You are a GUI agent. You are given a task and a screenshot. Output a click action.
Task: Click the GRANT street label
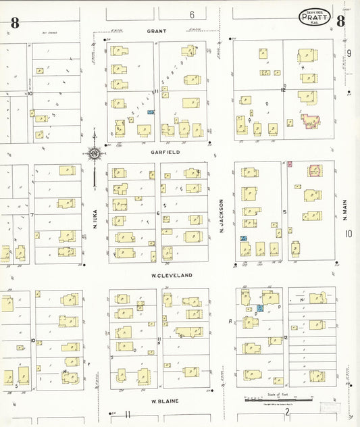click(x=156, y=31)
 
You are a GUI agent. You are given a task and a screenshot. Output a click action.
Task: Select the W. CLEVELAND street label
click(x=172, y=276)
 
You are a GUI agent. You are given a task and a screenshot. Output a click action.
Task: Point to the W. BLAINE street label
click(x=164, y=401)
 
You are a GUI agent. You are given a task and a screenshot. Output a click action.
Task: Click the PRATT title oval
click(x=315, y=18)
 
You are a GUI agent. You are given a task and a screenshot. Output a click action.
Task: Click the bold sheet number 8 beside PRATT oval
click(x=340, y=21)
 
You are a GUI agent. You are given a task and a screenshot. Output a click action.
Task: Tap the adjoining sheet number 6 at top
click(x=192, y=14)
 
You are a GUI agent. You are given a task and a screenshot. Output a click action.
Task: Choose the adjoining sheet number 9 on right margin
click(x=349, y=53)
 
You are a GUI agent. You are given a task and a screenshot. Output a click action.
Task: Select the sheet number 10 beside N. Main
click(x=349, y=234)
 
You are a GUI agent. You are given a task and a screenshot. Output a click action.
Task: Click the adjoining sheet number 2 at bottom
click(x=287, y=411)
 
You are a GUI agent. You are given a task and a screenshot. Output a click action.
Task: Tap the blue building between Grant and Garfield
click(x=151, y=112)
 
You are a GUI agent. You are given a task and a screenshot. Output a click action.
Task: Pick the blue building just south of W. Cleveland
click(x=259, y=308)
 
